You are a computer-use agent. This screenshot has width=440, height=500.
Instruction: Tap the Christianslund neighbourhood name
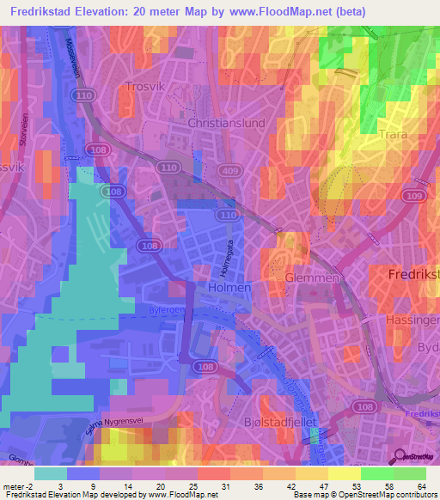[x=226, y=123]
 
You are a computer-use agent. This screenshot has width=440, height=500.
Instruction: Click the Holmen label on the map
[x=231, y=288]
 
